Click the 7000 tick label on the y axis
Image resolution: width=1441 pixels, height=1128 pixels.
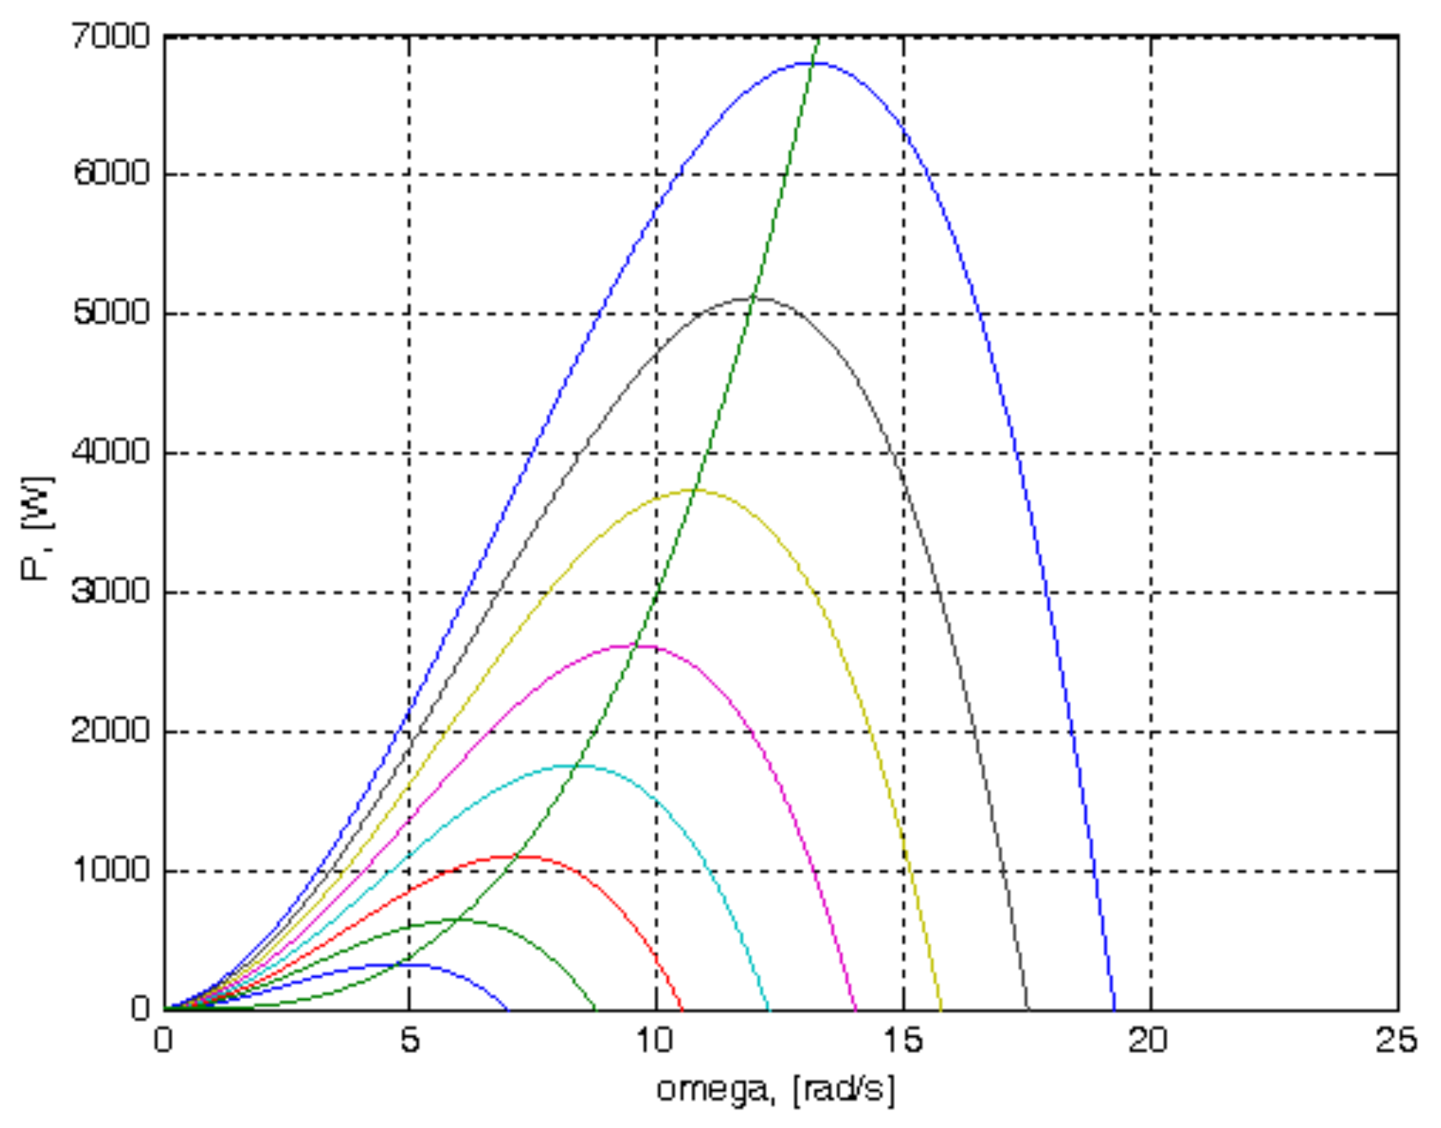[111, 37]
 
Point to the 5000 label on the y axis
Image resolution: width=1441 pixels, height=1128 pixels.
[111, 314]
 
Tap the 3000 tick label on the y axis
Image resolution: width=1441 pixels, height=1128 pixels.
[111, 592]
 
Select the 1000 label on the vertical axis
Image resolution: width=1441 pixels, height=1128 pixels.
[111, 870]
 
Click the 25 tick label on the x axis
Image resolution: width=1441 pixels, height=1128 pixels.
[1395, 1040]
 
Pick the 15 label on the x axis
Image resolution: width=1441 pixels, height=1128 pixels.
[903, 1040]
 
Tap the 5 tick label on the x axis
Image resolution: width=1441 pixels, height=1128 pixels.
[410, 1040]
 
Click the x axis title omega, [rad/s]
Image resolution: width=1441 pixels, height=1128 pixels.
[775, 1089]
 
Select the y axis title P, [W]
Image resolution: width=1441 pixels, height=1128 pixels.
[37, 529]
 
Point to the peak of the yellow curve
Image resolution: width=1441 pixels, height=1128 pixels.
[694, 490]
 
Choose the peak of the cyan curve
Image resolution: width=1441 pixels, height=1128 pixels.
[573, 765]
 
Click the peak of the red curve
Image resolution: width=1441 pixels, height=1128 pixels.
[514, 857]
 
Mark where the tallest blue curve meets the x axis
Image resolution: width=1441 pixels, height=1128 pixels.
[1114, 1008]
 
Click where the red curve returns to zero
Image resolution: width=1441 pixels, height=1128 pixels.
[683, 1008]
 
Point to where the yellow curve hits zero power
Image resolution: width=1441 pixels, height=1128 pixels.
[941, 1008]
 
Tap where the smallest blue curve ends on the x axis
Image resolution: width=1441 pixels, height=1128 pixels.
[507, 1008]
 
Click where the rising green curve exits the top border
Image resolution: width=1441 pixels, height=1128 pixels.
[817, 39]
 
